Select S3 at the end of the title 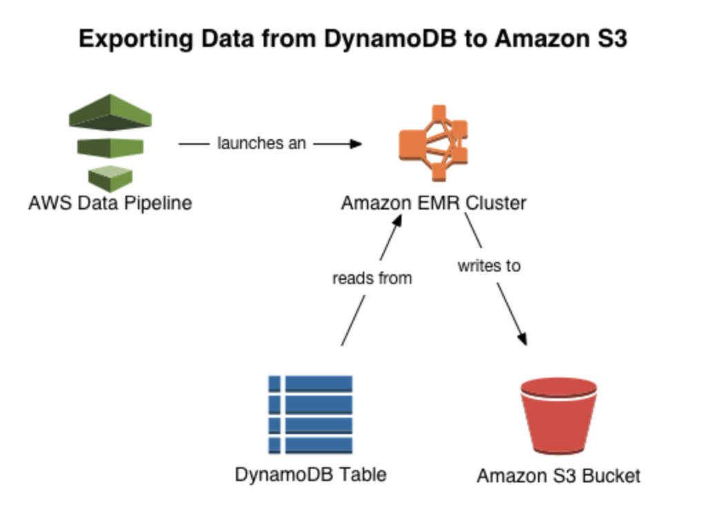610,39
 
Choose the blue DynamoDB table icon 310,414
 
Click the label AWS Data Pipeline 110,203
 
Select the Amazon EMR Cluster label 434,203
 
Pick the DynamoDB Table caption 310,474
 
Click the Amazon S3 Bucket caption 558,476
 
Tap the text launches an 261,144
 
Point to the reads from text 371,278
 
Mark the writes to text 488,265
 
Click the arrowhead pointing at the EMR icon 356,144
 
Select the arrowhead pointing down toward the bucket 522,338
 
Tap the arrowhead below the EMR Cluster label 398,221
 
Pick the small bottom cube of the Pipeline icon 110,177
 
